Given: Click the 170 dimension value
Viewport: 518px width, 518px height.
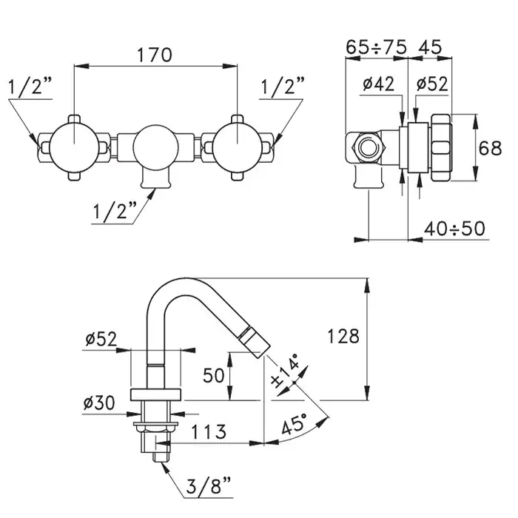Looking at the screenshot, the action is (155, 55).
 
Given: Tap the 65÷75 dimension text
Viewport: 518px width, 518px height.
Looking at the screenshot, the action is (376, 47).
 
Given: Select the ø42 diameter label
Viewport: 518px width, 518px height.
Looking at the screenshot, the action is (379, 84).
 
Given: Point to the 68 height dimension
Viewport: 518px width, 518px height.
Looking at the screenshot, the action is (490, 148).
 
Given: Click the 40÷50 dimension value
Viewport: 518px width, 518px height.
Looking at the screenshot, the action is (454, 228).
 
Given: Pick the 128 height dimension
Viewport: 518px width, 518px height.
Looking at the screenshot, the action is (343, 336).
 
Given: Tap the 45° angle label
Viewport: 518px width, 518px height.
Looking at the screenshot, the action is (294, 423).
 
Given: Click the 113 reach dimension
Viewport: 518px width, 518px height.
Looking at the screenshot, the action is (209, 431).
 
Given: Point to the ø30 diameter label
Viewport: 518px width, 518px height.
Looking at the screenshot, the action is (99, 403).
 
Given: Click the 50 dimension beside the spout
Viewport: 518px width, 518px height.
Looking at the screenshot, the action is (214, 375).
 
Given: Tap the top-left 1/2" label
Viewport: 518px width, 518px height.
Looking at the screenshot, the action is (30, 87).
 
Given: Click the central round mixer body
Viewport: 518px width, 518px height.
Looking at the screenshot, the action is (155, 148).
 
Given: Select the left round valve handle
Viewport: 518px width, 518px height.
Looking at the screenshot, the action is (74, 148).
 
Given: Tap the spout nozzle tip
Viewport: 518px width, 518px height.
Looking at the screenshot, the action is (256, 340).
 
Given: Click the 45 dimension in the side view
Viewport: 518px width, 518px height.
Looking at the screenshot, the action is (430, 47).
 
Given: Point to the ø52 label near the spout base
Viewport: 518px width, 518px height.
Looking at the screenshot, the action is (101, 339).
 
